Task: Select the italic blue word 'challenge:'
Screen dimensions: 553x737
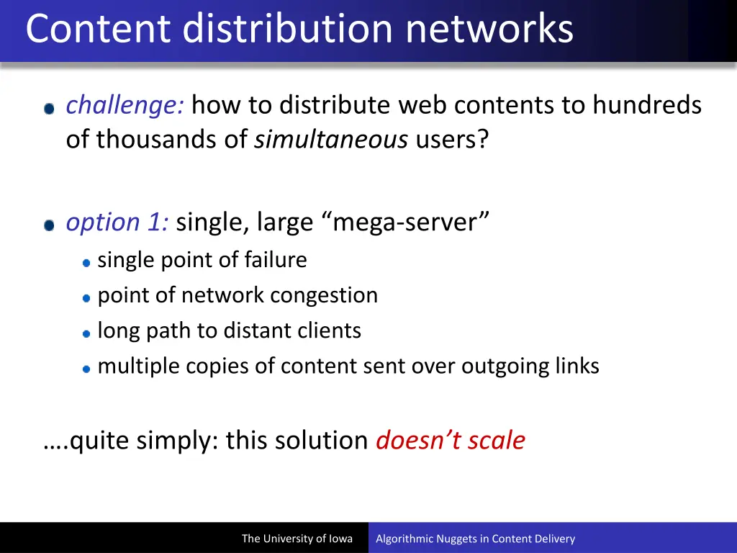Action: tap(125, 106)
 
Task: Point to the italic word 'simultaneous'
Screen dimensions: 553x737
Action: tap(331, 139)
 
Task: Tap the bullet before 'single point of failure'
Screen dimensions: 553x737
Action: tap(86, 262)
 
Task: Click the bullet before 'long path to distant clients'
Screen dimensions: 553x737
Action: tap(86, 333)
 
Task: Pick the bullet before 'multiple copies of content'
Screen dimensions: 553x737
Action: tap(86, 368)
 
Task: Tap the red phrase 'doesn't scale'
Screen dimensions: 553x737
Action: tap(451, 440)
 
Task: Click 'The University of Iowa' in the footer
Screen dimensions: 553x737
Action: tap(297, 539)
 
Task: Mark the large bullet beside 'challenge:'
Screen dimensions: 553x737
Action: tap(49, 109)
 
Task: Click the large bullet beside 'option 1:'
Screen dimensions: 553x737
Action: tap(49, 225)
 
